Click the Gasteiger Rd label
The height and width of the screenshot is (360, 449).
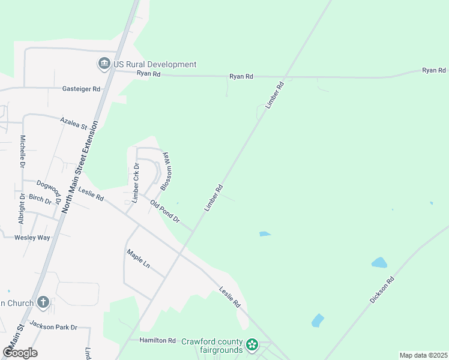(x=81, y=89)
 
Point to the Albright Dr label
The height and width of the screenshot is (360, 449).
(x=22, y=209)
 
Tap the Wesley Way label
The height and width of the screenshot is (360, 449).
(x=32, y=238)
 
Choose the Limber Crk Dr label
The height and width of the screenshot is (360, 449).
(x=136, y=182)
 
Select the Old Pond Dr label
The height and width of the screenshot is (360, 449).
(x=165, y=212)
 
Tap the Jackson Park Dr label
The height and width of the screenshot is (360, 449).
(x=53, y=327)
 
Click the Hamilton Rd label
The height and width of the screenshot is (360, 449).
(x=157, y=340)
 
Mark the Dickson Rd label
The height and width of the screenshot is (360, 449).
(x=382, y=289)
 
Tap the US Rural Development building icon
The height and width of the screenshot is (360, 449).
(x=104, y=64)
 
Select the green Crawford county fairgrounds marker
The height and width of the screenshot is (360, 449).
(x=253, y=345)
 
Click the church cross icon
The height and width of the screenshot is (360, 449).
(x=43, y=302)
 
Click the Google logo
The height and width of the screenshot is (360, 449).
(x=20, y=353)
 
